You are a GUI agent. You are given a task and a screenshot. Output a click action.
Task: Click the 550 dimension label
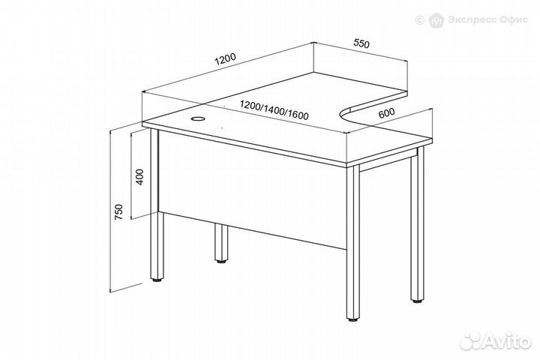coord(361,43)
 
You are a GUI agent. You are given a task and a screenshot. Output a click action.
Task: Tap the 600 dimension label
coord(386,113)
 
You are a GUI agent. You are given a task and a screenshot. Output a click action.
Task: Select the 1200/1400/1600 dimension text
coord(274,110)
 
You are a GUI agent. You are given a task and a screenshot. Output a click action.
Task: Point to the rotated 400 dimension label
coord(139,177)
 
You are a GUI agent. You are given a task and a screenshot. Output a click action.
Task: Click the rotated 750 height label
coord(118,212)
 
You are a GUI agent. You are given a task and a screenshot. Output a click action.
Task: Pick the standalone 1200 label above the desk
coord(226,59)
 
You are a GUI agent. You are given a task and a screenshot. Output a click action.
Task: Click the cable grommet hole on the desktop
coord(198,118)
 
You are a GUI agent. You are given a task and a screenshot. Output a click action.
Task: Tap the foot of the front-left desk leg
coord(157,280)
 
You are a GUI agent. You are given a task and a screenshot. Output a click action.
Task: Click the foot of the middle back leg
coord(221,262)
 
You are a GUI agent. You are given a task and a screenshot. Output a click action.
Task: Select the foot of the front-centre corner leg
coord(352,319)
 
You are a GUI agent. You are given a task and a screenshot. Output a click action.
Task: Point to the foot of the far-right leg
coord(418,301)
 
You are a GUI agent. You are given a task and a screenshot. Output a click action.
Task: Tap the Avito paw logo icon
coord(471,343)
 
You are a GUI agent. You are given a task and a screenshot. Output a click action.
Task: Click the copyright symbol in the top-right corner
coord(419,20)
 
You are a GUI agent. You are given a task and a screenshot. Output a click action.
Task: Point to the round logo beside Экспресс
coord(436,20)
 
